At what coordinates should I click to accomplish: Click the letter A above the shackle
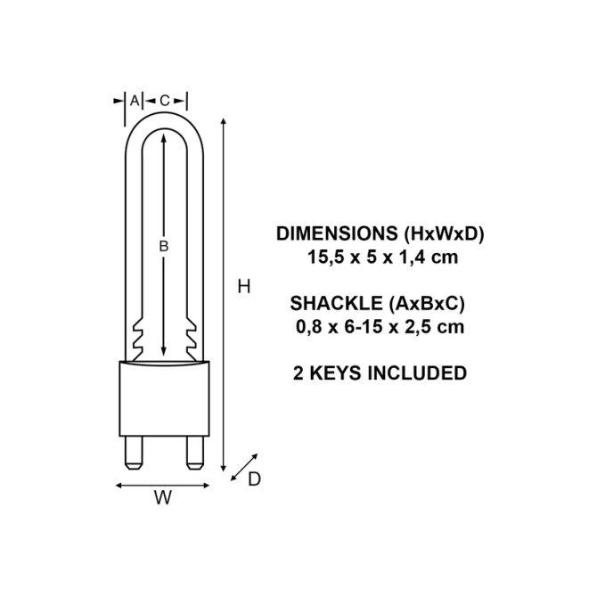click(135, 101)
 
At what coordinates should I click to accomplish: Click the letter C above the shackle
click(165, 101)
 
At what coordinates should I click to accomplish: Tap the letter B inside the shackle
click(164, 247)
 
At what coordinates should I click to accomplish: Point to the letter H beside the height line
click(244, 287)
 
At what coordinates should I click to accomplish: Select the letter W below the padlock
click(163, 497)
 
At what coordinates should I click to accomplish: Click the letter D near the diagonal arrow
click(254, 479)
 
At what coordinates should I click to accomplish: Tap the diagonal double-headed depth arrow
click(244, 467)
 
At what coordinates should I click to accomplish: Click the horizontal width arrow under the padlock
click(162, 486)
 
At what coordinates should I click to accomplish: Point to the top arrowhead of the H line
click(224, 121)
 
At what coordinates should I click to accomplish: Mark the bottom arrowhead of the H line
click(224, 469)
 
